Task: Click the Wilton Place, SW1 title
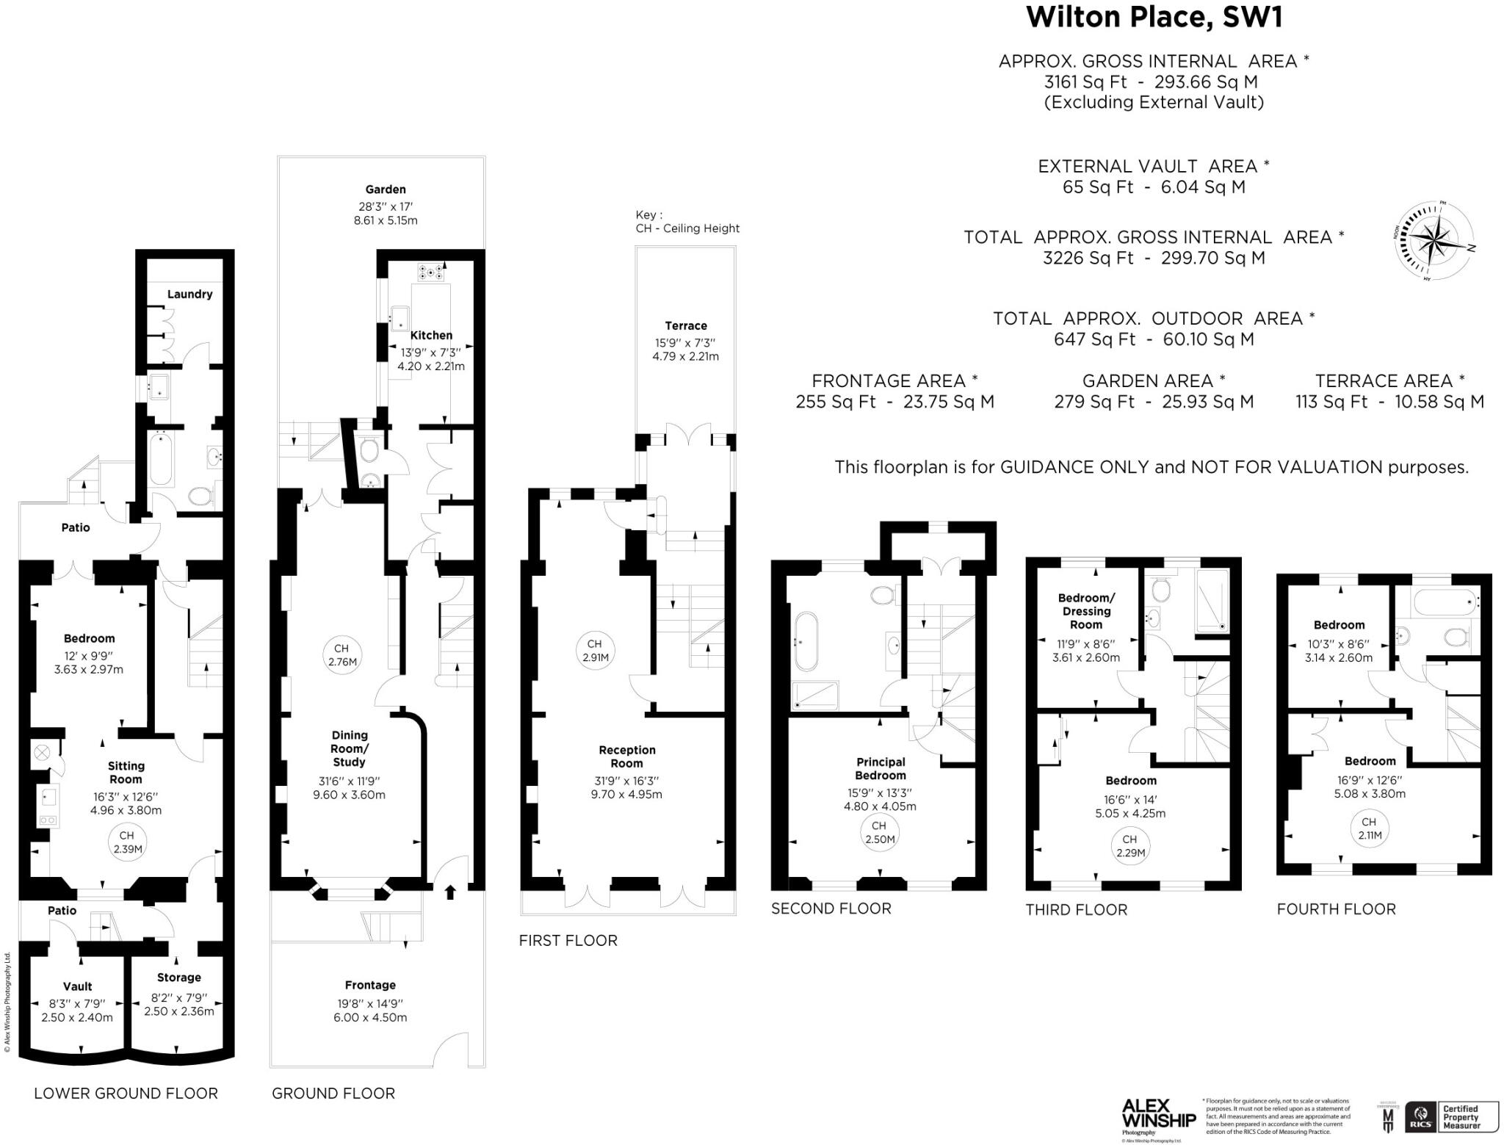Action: (x=1154, y=18)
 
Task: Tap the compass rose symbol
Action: (x=1433, y=242)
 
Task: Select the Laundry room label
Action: (x=189, y=294)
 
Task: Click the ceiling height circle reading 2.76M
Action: (x=341, y=654)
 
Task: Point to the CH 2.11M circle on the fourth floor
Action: (x=1369, y=828)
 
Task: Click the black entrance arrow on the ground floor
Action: (x=450, y=892)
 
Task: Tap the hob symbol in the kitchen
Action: (x=430, y=272)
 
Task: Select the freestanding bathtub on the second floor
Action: (x=805, y=641)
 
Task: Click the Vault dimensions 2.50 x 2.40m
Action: (x=77, y=1017)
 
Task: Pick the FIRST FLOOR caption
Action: (x=568, y=940)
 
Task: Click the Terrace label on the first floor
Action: (x=685, y=325)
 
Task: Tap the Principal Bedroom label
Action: (x=880, y=768)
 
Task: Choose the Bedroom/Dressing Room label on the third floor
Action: (x=1085, y=611)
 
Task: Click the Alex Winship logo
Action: (x=1158, y=1113)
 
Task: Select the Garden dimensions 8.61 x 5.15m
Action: (x=385, y=220)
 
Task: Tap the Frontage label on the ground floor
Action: (x=370, y=985)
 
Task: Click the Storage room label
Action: (x=178, y=977)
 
